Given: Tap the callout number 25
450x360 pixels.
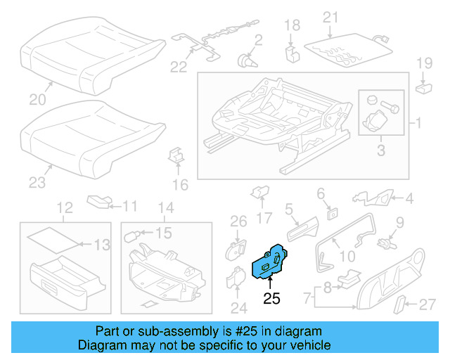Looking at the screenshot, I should pyautogui.click(x=271, y=299).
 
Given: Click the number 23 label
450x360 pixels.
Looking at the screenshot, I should pyautogui.click(x=37, y=183).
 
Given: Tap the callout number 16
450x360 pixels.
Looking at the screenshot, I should pyautogui.click(x=181, y=186).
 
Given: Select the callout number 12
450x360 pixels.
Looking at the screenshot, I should pyautogui.click(x=65, y=207).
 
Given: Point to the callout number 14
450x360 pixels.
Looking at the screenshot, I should pyautogui.click(x=165, y=207).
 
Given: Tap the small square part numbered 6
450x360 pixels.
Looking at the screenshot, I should pyautogui.click(x=330, y=210).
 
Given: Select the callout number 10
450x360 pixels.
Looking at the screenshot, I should pyautogui.click(x=347, y=257).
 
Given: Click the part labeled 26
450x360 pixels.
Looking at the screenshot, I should pyautogui.click(x=237, y=248).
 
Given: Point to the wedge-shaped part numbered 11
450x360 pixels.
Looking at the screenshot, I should pyautogui.click(x=99, y=202).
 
